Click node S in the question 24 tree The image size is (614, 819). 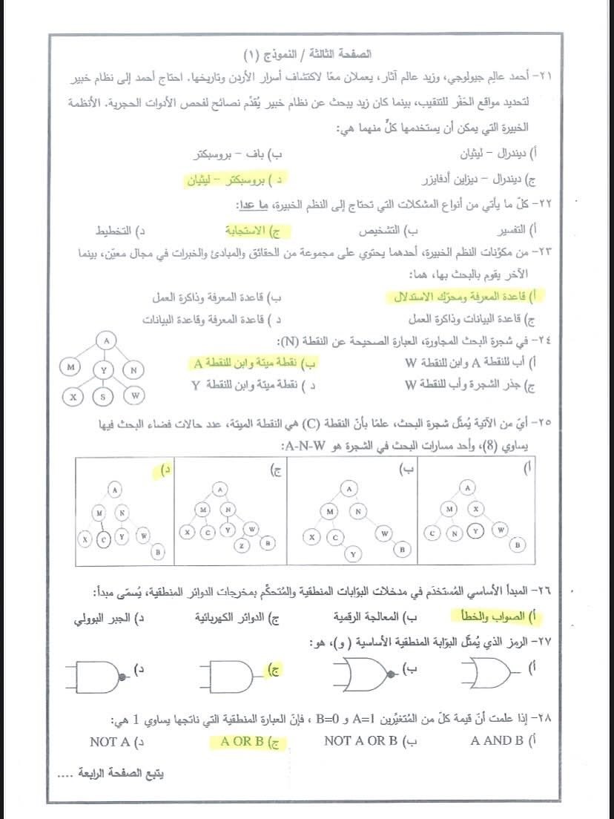[103, 396]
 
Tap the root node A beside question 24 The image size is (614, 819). [107, 341]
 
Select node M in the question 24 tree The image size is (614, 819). [71, 368]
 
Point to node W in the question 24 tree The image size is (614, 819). [134, 396]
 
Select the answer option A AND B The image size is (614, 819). [497, 740]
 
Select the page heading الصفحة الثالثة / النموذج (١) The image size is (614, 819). [308, 55]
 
